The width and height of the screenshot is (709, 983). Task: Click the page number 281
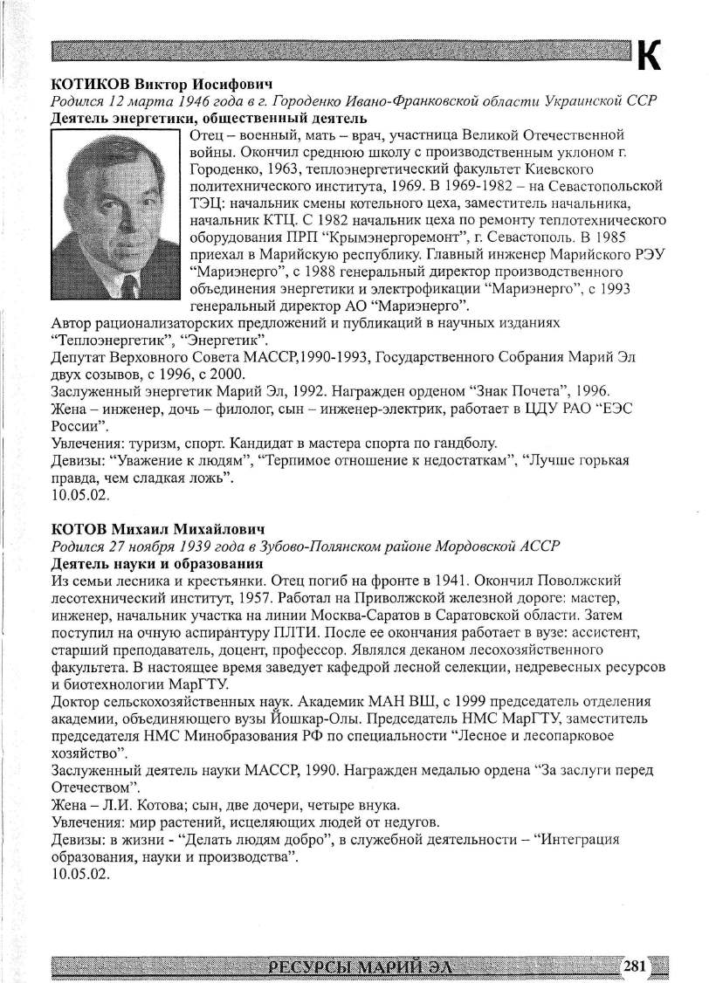(x=635, y=966)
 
